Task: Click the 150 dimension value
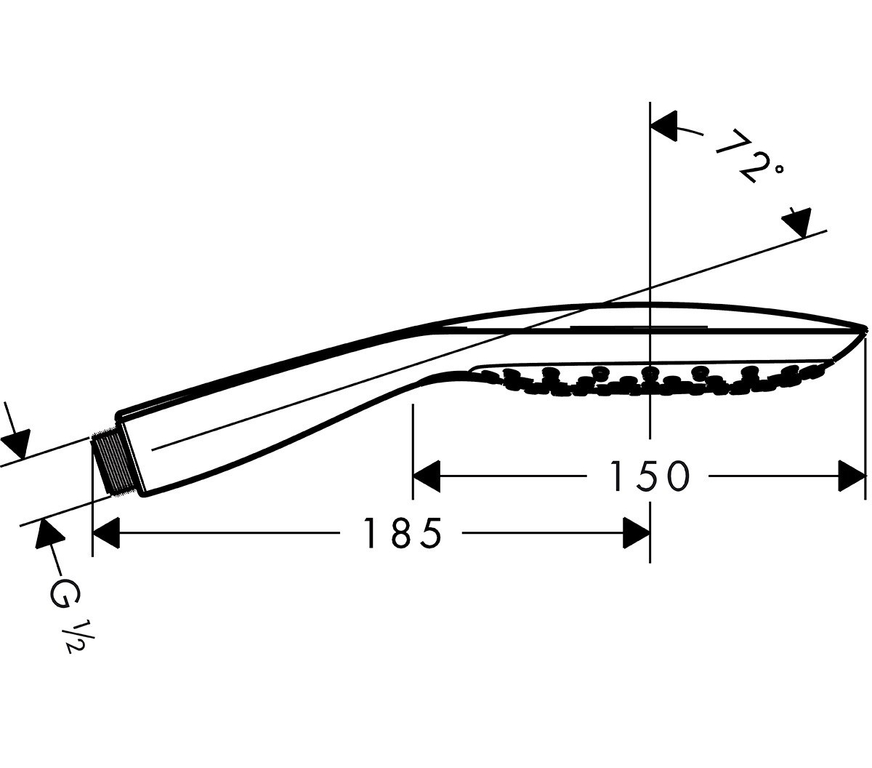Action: pyautogui.click(x=649, y=476)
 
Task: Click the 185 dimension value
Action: pyautogui.click(x=403, y=533)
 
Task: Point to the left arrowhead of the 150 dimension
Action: pyautogui.click(x=426, y=476)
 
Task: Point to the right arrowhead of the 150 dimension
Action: pyautogui.click(x=852, y=476)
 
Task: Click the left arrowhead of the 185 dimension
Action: pyautogui.click(x=106, y=533)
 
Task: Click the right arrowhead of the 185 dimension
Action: pyautogui.click(x=637, y=533)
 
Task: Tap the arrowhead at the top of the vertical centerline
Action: pyautogui.click(x=663, y=125)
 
